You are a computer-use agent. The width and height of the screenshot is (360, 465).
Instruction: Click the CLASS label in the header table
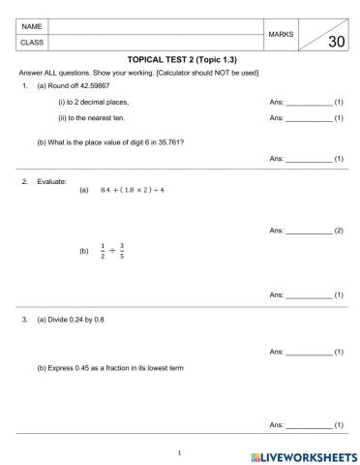(x=32, y=42)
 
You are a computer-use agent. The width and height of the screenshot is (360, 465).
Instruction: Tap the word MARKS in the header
(x=281, y=33)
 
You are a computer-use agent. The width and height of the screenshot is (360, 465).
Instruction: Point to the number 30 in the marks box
(x=336, y=42)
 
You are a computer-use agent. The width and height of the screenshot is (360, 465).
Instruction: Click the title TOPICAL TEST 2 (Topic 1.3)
(x=181, y=60)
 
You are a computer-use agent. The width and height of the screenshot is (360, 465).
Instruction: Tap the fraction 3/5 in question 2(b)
(x=123, y=252)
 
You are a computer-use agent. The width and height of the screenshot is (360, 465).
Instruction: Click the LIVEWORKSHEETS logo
(x=301, y=454)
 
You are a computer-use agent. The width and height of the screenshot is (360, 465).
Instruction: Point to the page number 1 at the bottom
(x=180, y=451)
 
